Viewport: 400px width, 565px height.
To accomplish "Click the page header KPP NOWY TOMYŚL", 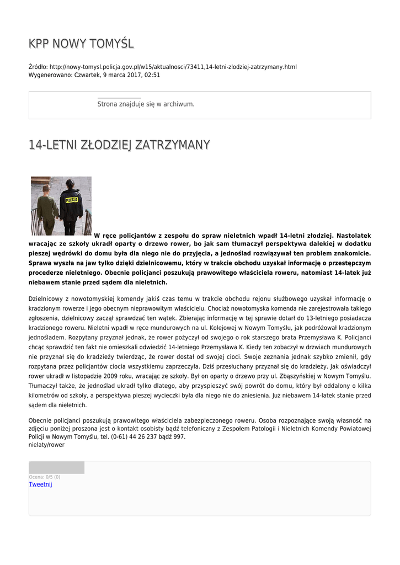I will coord(81,44).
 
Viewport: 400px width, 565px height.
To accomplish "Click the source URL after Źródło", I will coord(173,67).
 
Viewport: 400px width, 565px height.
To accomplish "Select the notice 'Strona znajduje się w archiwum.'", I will coord(146,104).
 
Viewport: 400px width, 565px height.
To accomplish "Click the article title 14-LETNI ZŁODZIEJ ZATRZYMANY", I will coord(119,145).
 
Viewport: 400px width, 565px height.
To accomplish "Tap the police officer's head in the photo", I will coord(70,184).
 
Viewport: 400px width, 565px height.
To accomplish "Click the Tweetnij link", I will coord(40,484).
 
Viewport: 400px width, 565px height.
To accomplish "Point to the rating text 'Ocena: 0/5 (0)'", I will coord(45,477).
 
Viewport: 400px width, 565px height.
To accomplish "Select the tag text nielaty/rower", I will coord(46,445).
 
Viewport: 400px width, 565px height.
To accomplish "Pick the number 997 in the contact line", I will coord(179,436).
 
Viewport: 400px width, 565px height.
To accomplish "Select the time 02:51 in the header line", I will coord(152,75).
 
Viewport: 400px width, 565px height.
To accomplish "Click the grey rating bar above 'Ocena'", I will coord(56,467).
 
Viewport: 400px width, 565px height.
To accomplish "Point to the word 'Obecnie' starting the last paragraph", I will coord(41,420).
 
